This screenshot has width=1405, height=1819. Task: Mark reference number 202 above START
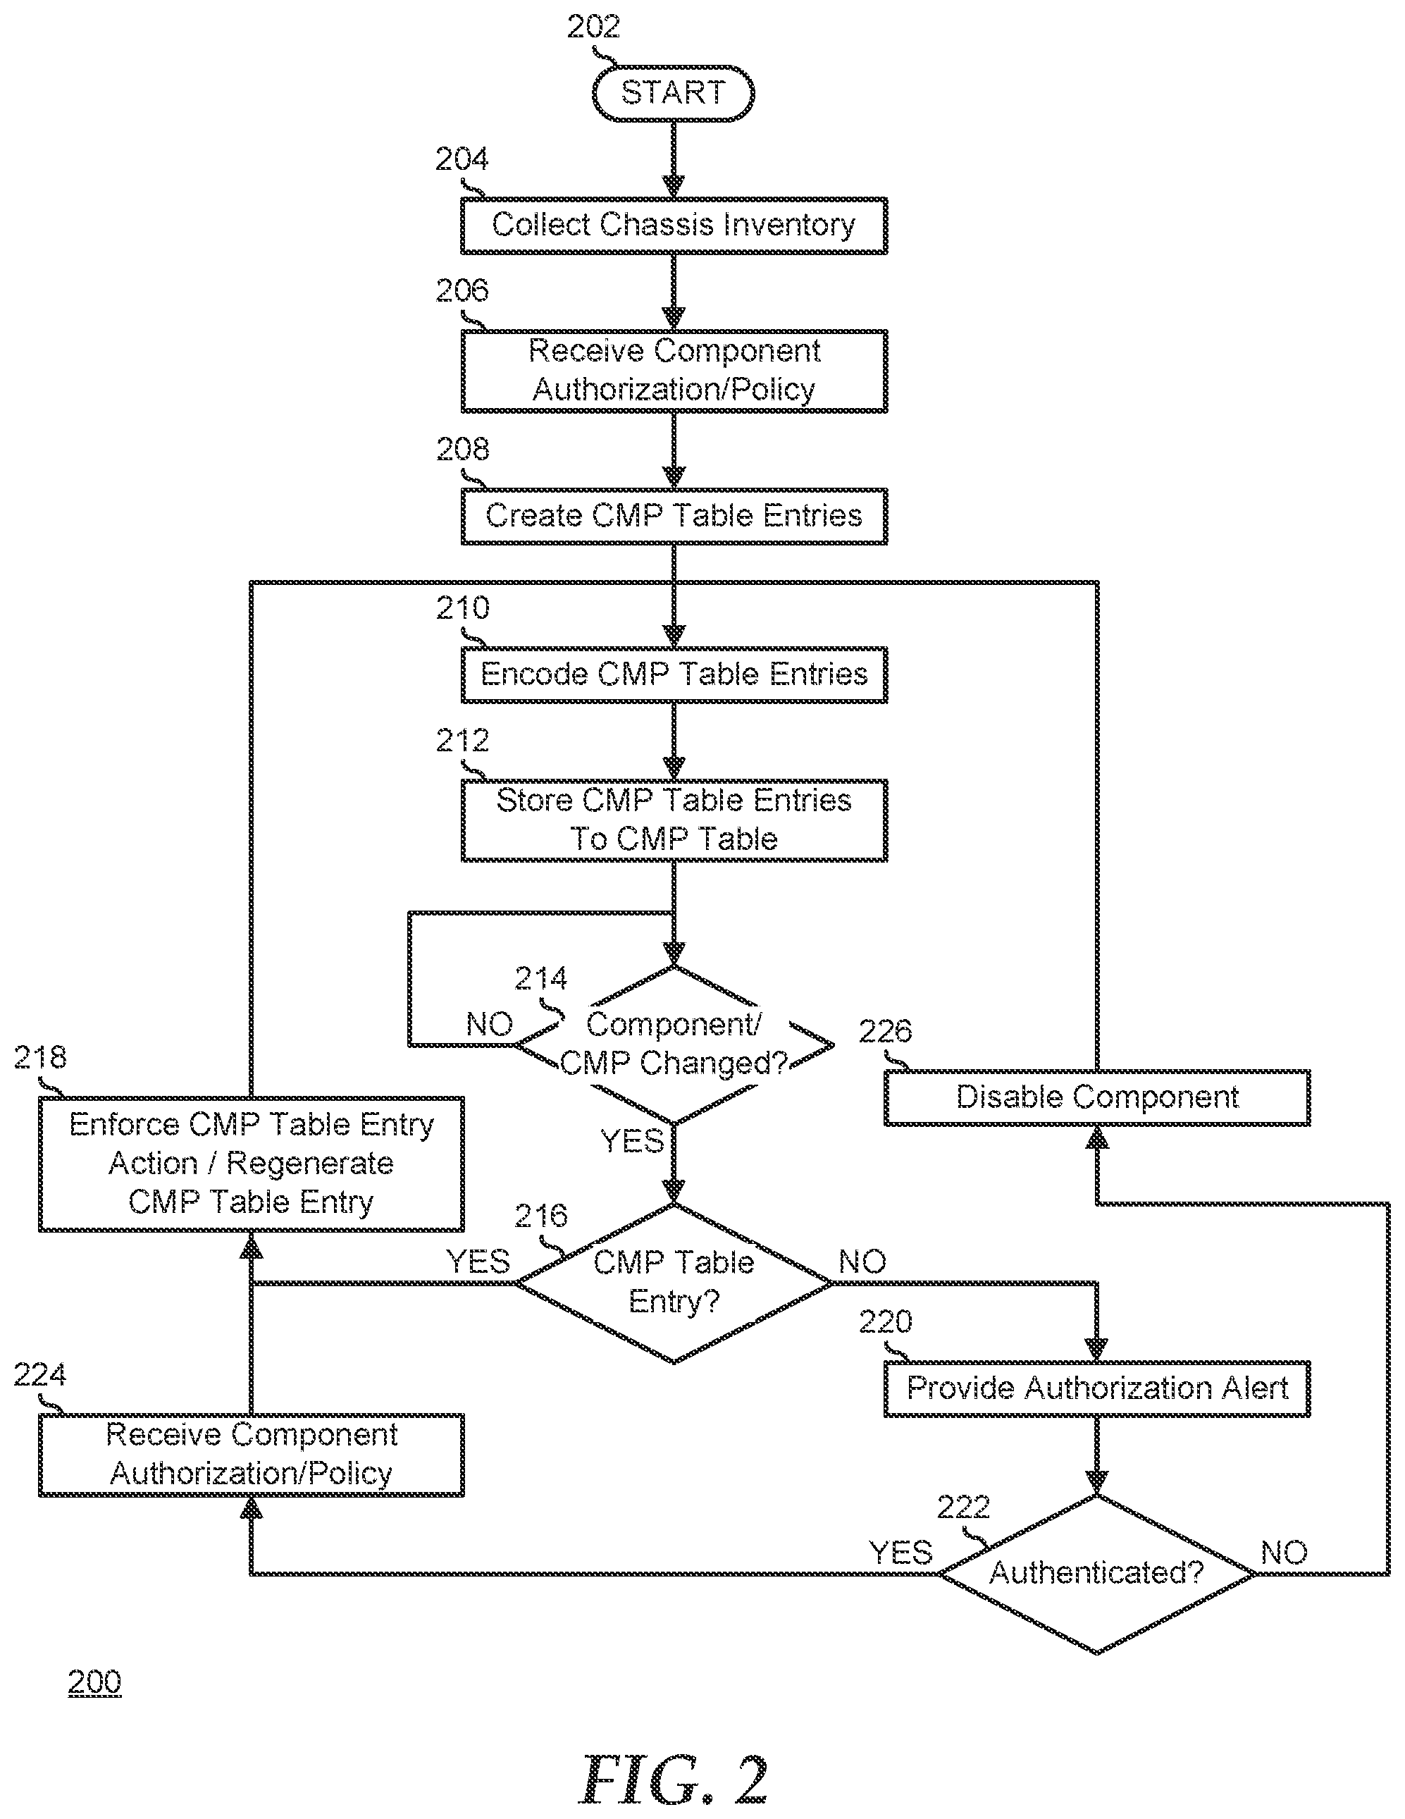pos(594,27)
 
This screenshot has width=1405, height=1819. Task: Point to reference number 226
pos(885,1031)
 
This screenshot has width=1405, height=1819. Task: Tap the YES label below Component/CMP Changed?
pos(632,1140)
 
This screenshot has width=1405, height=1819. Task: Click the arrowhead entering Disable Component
pos(1097,1137)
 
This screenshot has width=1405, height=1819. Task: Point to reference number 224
pos(40,1374)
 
